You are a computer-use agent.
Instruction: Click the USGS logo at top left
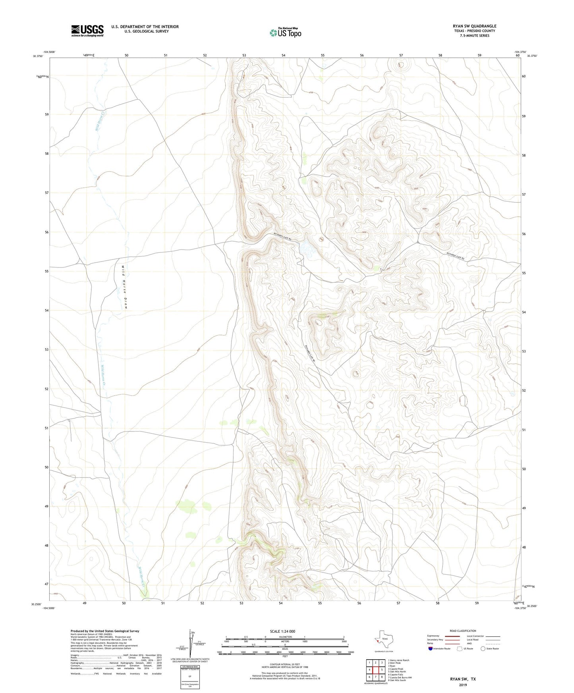pyautogui.click(x=87, y=31)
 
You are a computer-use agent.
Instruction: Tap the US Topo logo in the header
pyautogui.click(x=285, y=33)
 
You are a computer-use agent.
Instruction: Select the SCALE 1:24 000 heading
pyautogui.click(x=282, y=631)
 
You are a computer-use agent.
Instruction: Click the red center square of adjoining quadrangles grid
pyautogui.click(x=375, y=670)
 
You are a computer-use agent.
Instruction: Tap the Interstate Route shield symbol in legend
pyautogui.click(x=431, y=648)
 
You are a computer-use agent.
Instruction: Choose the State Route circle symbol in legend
pyautogui.click(x=483, y=648)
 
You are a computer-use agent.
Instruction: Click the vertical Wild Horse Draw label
pyautogui.click(x=124, y=287)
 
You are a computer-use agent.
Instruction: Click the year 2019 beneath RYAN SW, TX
pyautogui.click(x=463, y=685)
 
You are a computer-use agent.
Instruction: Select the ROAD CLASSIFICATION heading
pyautogui.click(x=463, y=631)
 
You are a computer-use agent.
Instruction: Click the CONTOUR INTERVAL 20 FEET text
pyautogui.click(x=285, y=664)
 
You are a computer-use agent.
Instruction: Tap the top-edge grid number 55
pyautogui.click(x=323, y=56)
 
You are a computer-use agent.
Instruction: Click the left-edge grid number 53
pyautogui.click(x=46, y=350)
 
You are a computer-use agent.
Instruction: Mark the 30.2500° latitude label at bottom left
pyautogui.click(x=36, y=604)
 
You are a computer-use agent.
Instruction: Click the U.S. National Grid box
pyautogui.click(x=189, y=677)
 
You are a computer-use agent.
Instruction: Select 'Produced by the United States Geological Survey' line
pyautogui.click(x=105, y=631)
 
